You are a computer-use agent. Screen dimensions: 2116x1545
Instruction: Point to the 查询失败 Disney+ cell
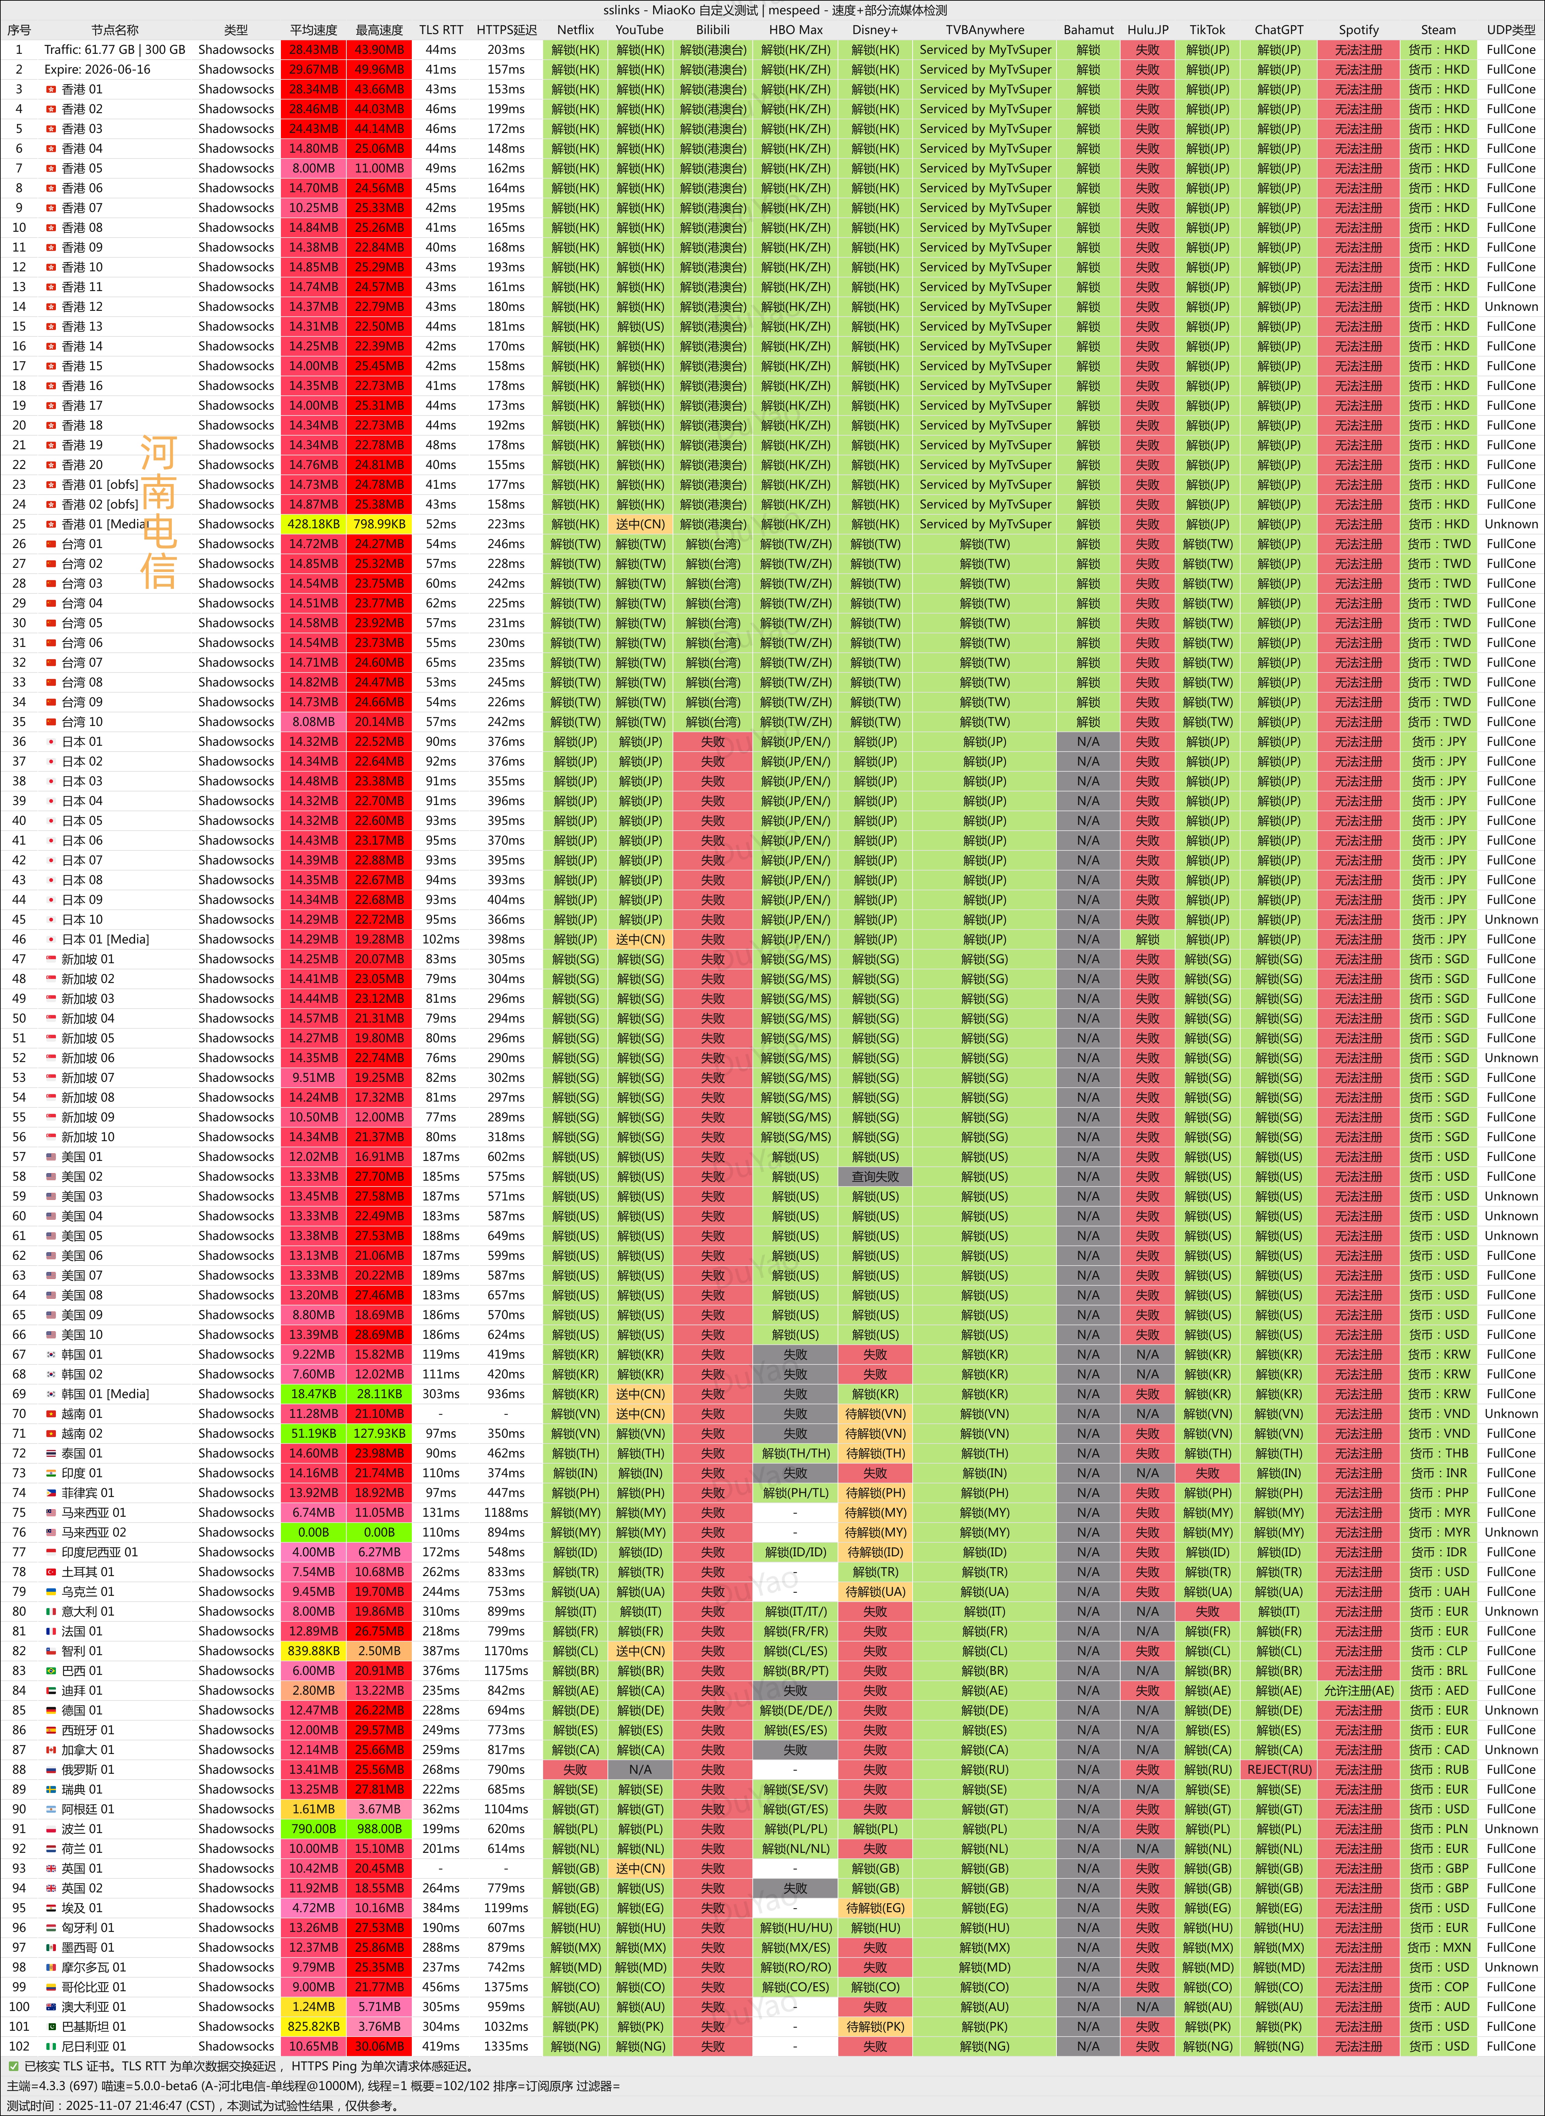pyautogui.click(x=874, y=1176)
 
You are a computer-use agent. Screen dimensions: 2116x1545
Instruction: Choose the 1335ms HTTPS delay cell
pyautogui.click(x=506, y=2046)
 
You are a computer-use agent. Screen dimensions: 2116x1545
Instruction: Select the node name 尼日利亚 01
pyautogui.click(x=93, y=2046)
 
